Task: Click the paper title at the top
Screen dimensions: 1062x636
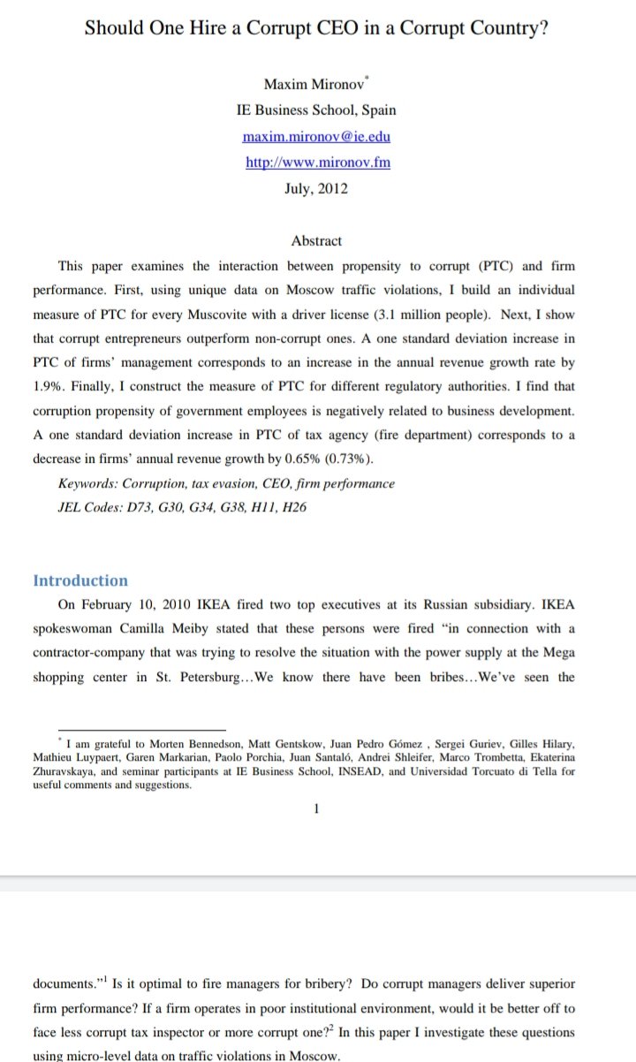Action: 316,27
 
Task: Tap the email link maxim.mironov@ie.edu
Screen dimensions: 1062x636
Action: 316,137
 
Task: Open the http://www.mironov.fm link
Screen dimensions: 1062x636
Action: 317,163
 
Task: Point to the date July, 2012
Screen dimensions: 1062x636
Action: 316,189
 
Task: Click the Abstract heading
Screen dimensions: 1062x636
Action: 316,240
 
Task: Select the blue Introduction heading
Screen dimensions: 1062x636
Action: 80,580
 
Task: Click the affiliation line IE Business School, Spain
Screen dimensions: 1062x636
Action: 316,110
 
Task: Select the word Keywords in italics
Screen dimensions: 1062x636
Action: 87,484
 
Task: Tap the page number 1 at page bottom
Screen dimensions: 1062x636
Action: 316,807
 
